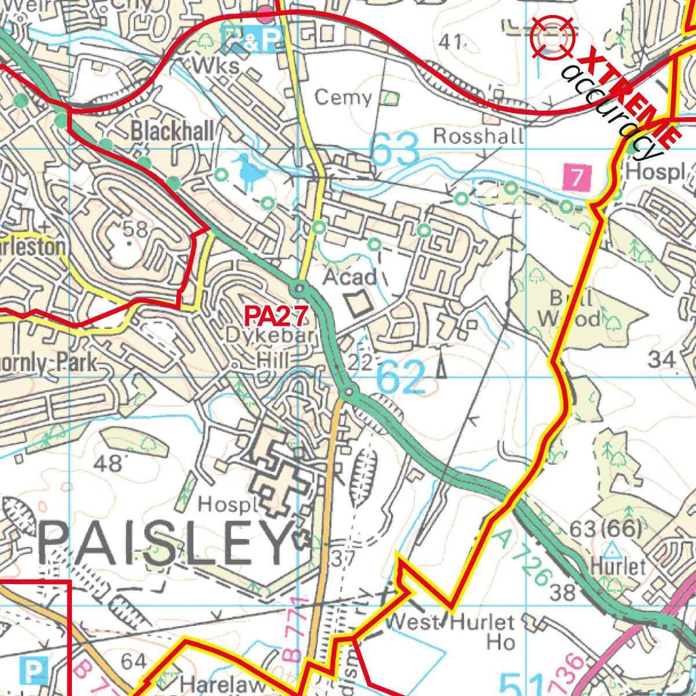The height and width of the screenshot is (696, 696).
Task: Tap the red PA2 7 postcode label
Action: coord(277,315)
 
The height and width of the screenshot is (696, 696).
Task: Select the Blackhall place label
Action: coord(173,130)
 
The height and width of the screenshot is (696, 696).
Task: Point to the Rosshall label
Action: coord(478,136)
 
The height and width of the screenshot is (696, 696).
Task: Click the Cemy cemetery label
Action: coord(344,99)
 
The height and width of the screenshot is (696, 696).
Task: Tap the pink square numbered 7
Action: coord(577,178)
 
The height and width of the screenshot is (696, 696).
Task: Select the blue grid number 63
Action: coord(395,151)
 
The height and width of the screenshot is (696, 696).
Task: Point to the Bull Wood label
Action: coord(570,308)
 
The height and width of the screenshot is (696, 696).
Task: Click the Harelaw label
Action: coord(224,685)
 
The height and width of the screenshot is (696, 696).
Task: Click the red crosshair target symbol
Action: coord(553,37)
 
